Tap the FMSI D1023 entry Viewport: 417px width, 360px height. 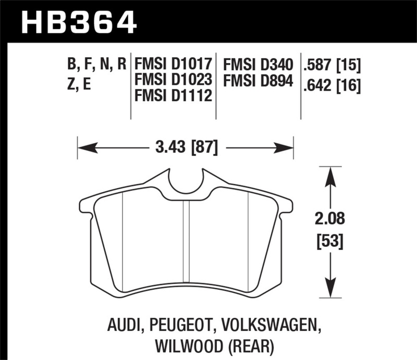[173, 80]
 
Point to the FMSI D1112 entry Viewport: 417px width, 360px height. [173, 95]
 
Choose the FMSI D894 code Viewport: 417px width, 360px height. [257, 81]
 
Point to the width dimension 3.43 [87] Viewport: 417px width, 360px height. [185, 147]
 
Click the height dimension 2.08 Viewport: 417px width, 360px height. [329, 218]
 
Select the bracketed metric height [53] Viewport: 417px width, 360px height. [329, 242]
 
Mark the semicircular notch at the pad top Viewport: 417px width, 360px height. [186, 182]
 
